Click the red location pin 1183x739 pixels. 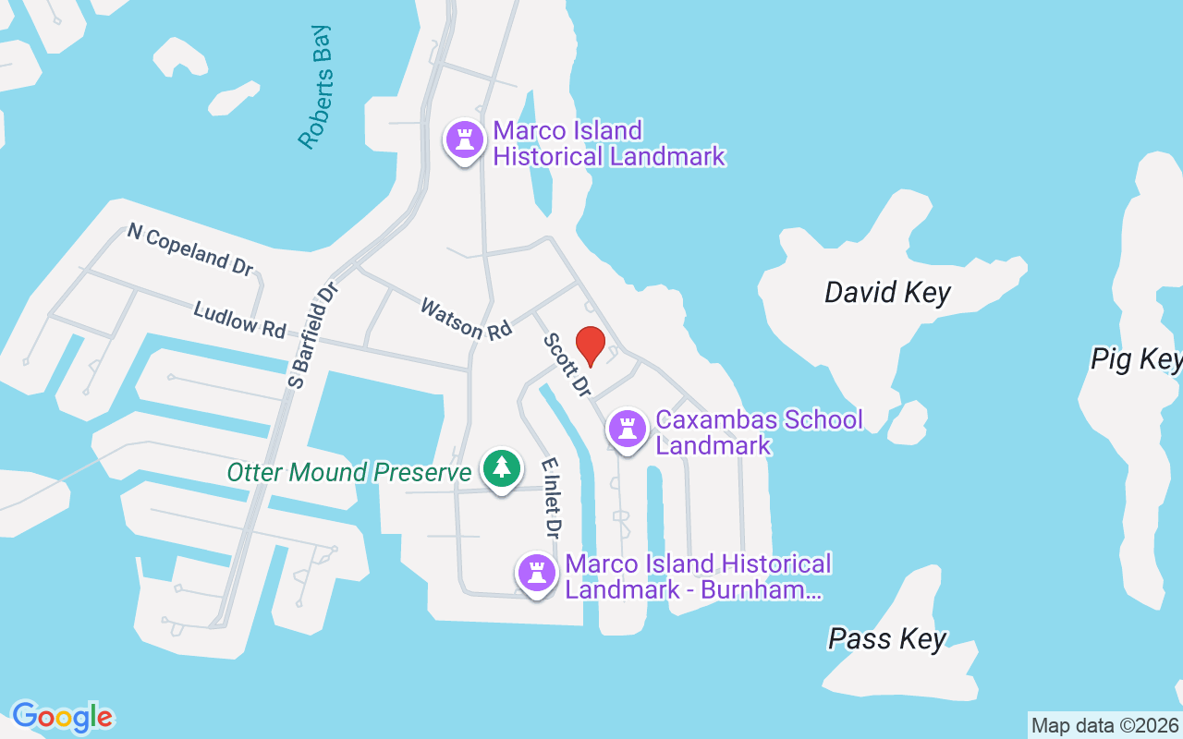click(x=591, y=345)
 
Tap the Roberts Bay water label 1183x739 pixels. click(x=315, y=87)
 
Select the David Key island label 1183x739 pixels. click(x=887, y=293)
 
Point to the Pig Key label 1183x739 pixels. click(x=1136, y=358)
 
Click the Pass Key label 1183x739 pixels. click(x=887, y=638)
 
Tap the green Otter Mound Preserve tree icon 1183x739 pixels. click(x=501, y=468)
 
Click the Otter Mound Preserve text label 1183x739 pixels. click(x=349, y=473)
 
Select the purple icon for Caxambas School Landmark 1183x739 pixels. click(x=628, y=429)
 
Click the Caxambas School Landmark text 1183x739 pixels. click(x=759, y=432)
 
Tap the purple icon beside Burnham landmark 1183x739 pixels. click(x=536, y=574)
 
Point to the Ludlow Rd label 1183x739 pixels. click(x=239, y=319)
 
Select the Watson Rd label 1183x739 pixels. click(x=466, y=318)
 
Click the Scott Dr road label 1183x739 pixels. click(x=567, y=366)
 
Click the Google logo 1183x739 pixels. click(x=62, y=717)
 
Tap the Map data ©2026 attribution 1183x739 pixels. click(x=1104, y=725)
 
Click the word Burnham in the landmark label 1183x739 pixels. click(x=760, y=589)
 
